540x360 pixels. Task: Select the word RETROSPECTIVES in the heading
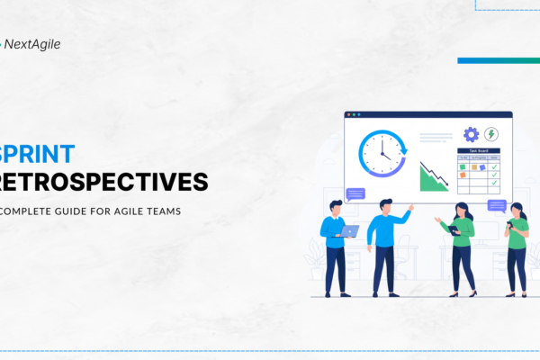[x=104, y=183]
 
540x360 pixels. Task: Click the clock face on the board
[x=382, y=152]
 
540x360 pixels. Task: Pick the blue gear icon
[x=471, y=135]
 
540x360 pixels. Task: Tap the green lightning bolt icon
[x=491, y=134]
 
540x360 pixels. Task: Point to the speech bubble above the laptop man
[x=355, y=193]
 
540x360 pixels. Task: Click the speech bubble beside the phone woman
[x=497, y=205]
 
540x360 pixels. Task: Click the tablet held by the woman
[x=454, y=229]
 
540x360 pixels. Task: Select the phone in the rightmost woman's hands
[x=509, y=223]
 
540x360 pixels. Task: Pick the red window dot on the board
[x=349, y=115]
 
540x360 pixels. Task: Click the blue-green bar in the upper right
[x=499, y=60]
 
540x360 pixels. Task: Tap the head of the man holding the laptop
[x=336, y=206]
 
